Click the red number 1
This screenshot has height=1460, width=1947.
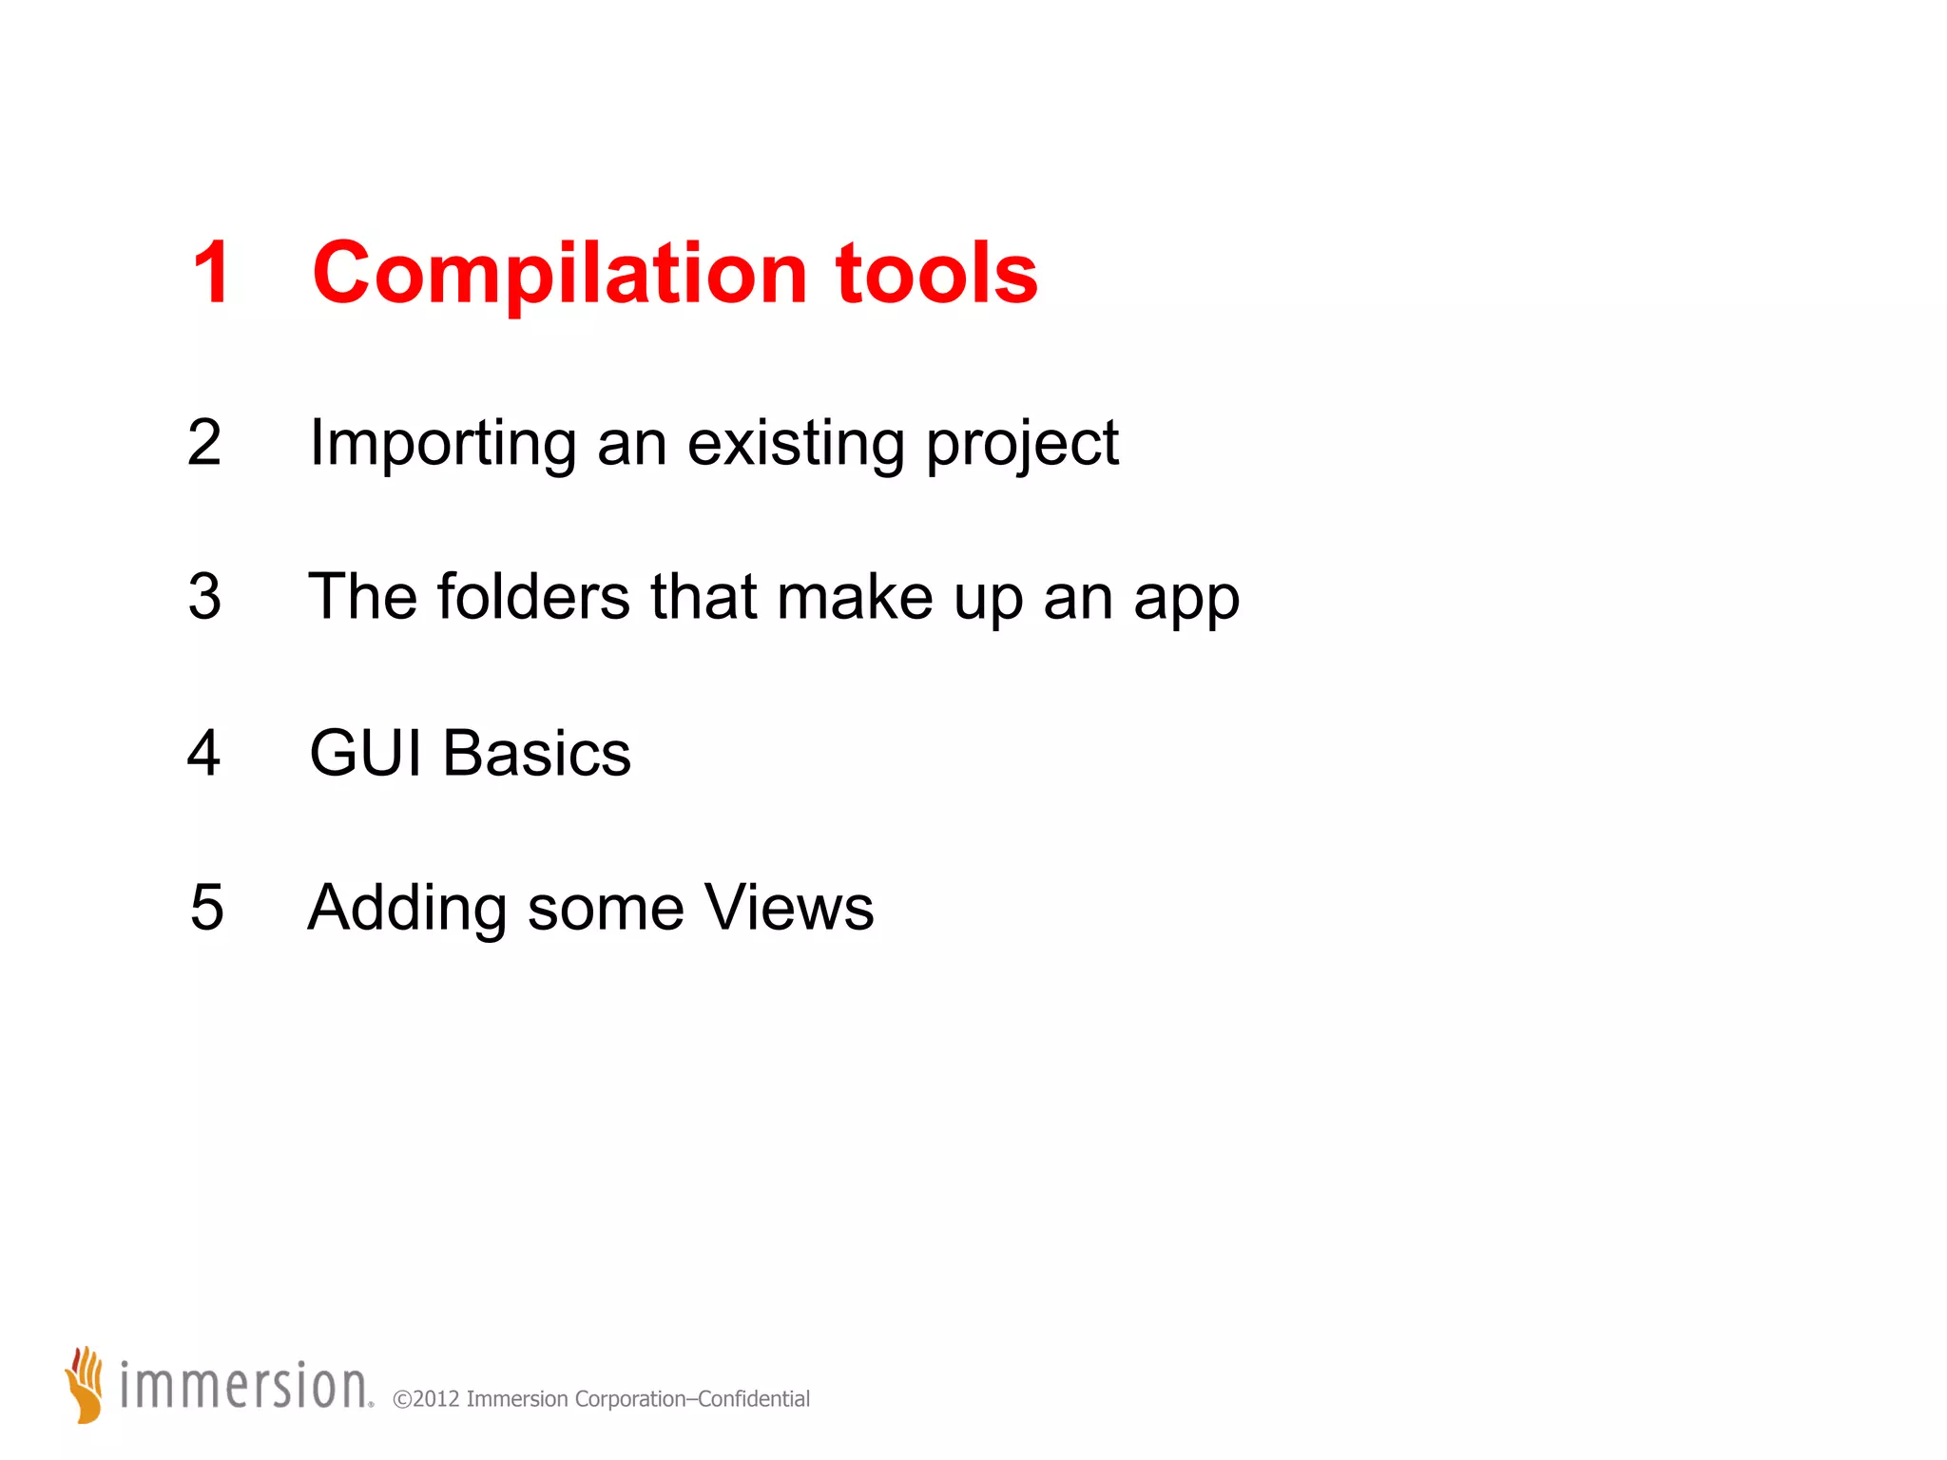pyautogui.click(x=211, y=273)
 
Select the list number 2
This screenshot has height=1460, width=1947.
pyautogui.click(x=204, y=443)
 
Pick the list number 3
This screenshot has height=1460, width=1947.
pyautogui.click(x=204, y=597)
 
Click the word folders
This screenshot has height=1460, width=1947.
pyautogui.click(x=532, y=597)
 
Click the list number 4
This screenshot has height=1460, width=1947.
pyautogui.click(x=203, y=753)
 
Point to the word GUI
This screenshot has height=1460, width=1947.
pyautogui.click(x=365, y=753)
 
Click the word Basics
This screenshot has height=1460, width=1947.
pyautogui.click(x=536, y=753)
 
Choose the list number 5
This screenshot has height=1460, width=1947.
pyautogui.click(x=206, y=907)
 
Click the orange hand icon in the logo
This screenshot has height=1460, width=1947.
pyautogui.click(x=86, y=1384)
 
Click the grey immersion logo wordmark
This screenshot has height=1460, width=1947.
pyautogui.click(x=245, y=1386)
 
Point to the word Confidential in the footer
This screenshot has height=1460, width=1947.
pyautogui.click(x=753, y=1399)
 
